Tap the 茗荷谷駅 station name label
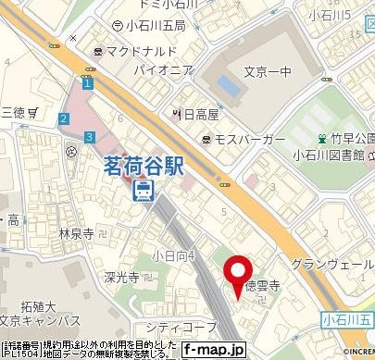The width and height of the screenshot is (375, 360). click(x=144, y=167)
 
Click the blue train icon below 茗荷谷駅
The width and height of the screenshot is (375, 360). click(x=144, y=191)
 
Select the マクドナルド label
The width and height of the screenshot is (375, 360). click(x=142, y=52)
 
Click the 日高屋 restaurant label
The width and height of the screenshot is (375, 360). click(x=200, y=114)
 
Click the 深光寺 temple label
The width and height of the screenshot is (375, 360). click(x=121, y=277)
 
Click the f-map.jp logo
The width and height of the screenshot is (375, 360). click(x=213, y=350)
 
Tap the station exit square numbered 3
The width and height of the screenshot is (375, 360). click(x=88, y=136)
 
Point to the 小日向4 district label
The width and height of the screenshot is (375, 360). click(x=173, y=255)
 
